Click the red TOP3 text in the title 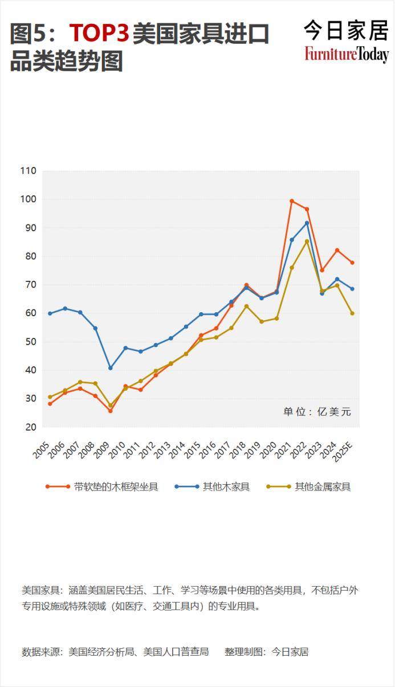[x=99, y=34]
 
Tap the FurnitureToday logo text [x=347, y=54]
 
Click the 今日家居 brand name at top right [x=346, y=30]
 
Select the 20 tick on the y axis [x=30, y=427]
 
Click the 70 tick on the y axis [x=30, y=285]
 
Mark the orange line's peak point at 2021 [x=292, y=201]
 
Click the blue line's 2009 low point [x=111, y=368]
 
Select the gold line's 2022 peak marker [x=307, y=241]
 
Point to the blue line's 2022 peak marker [x=307, y=223]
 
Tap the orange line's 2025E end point [x=352, y=263]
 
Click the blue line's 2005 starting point [x=50, y=313]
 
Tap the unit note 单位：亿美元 [x=317, y=412]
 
